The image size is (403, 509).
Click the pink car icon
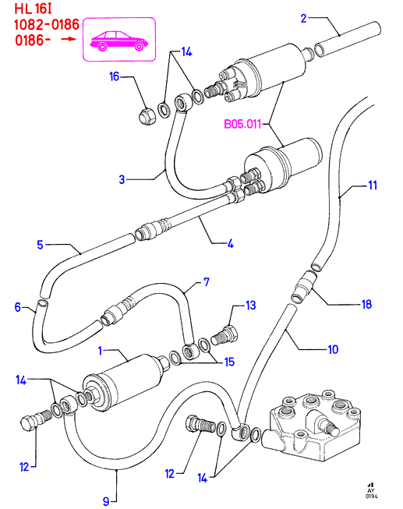[x=118, y=41]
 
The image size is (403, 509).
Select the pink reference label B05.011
[x=242, y=124]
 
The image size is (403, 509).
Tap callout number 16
[x=115, y=76]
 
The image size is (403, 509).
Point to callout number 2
[x=304, y=18]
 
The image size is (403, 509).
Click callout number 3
[x=122, y=179]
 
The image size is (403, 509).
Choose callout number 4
[x=231, y=243]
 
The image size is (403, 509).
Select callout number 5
[x=40, y=245]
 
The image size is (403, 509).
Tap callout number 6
[x=18, y=307]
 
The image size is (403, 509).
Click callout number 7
[x=207, y=281]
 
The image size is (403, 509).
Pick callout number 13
[x=251, y=305]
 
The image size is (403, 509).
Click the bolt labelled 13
[x=224, y=336]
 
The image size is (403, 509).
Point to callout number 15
[x=230, y=362]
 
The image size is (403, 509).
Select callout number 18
[x=366, y=304]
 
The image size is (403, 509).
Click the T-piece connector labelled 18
[x=304, y=286]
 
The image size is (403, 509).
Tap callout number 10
[x=333, y=349]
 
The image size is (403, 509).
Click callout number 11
[x=373, y=185]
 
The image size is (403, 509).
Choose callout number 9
[x=106, y=501]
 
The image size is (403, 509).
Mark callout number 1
[x=100, y=351]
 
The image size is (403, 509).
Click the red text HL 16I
[x=33, y=9]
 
